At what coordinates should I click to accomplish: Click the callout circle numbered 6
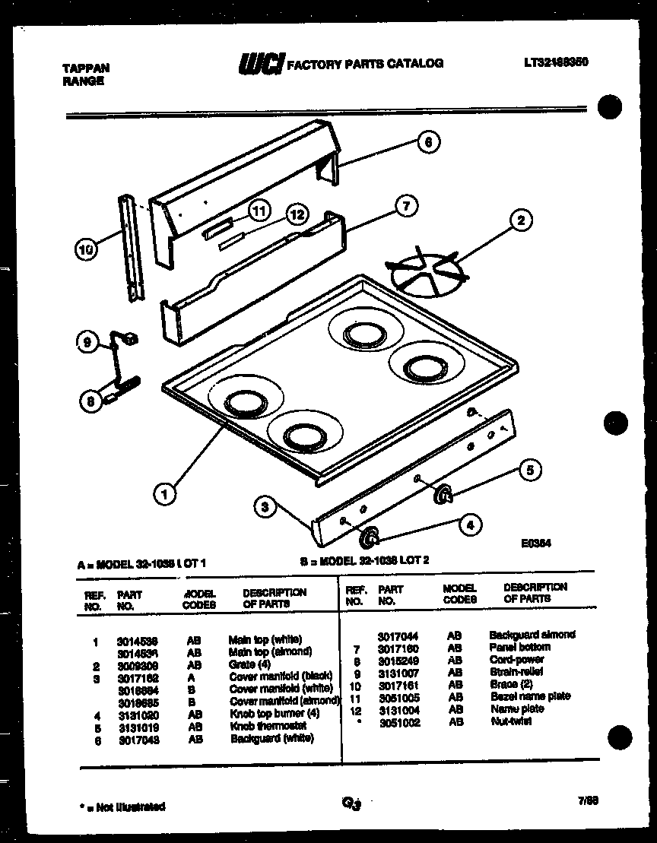428,141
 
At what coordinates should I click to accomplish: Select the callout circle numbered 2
520,221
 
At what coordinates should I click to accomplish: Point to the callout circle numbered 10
87,249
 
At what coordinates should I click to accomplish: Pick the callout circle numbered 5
531,471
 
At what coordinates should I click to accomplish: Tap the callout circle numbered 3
264,508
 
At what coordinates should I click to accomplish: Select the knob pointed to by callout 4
370,538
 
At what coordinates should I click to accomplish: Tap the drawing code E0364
536,544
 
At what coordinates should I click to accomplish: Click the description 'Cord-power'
516,660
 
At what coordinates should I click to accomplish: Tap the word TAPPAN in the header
85,68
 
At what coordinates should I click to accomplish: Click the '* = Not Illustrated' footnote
122,807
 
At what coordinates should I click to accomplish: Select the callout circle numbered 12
297,215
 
